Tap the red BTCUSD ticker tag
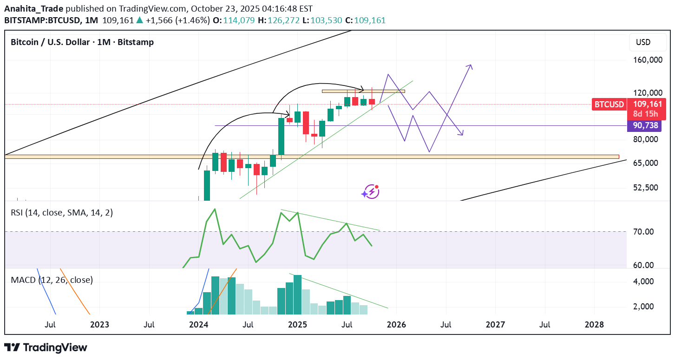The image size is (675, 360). tap(609, 105)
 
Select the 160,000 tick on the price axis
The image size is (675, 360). tap(647, 60)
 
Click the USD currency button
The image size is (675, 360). tap(643, 42)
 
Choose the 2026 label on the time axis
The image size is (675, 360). tap(396, 324)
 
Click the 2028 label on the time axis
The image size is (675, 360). tap(594, 324)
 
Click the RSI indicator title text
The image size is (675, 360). tap(61, 213)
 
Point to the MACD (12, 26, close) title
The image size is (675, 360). tap(52, 280)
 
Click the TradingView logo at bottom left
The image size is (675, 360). tap(46, 347)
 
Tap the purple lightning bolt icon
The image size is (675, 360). tap(371, 191)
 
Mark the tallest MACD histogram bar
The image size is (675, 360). tap(297, 295)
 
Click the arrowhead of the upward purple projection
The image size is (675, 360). tap(471, 66)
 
